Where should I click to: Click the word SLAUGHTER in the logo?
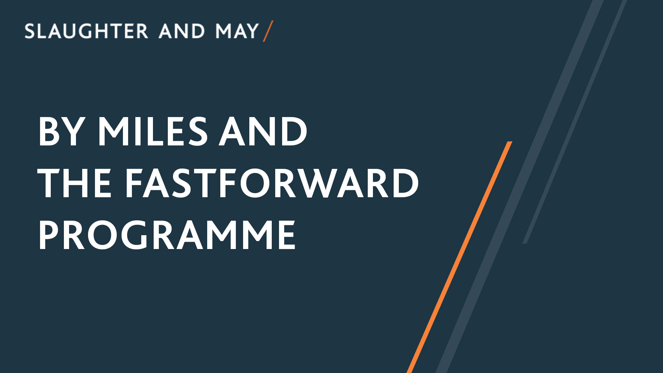86,31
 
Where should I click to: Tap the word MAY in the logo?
237,31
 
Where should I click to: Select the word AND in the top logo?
182,31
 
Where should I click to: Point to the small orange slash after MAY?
268,31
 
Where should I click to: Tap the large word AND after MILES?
263,131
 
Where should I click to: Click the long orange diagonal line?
459,257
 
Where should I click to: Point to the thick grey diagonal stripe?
519,186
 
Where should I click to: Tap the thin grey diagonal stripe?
575,122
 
